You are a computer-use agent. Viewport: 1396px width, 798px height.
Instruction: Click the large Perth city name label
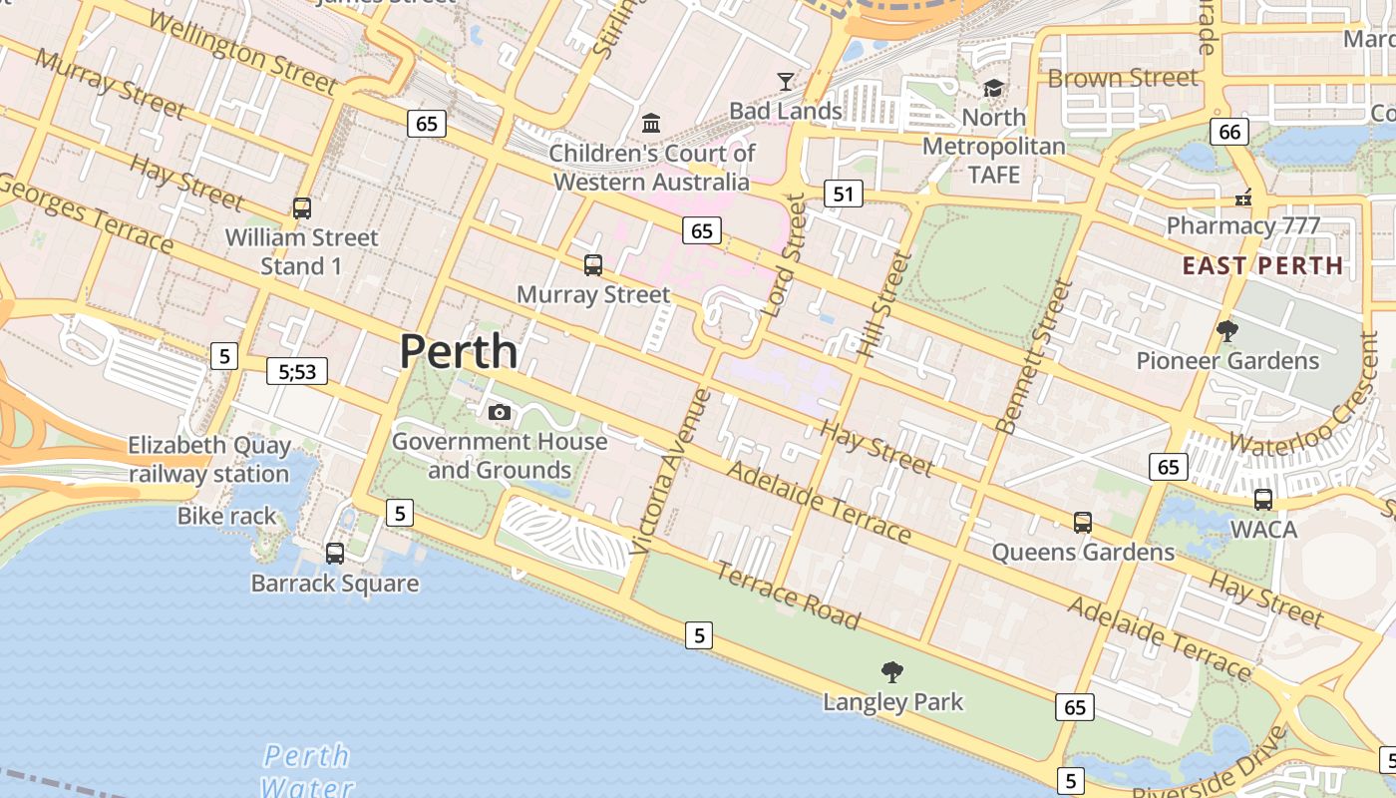[x=459, y=352]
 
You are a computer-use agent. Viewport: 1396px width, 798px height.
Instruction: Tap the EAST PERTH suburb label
[x=1262, y=265]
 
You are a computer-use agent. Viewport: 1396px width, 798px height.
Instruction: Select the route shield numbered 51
[x=844, y=194]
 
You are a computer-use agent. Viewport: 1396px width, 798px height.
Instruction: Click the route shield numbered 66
[x=1229, y=131]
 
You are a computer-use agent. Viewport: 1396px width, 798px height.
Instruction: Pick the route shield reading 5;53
[x=297, y=372]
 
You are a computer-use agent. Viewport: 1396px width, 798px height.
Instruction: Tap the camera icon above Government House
[x=500, y=412]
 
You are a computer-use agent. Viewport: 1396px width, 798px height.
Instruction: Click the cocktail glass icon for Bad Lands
[x=786, y=82]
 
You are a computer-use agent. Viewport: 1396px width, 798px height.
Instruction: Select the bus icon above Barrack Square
[x=335, y=553]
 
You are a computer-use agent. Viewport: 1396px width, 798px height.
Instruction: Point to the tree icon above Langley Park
[x=892, y=672]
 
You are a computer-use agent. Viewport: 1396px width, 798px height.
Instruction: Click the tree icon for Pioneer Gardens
[x=1227, y=330]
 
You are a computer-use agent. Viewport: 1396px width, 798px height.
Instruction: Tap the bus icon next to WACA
[x=1263, y=499]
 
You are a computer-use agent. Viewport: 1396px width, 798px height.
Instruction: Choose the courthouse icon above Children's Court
[x=651, y=123]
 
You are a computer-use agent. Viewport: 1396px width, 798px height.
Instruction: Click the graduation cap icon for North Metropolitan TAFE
[x=993, y=89]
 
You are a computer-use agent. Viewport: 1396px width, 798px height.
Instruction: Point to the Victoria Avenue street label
[x=671, y=471]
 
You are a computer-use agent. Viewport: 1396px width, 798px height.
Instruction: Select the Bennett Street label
[x=1034, y=356]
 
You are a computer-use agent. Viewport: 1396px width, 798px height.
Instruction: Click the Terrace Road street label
[x=788, y=597]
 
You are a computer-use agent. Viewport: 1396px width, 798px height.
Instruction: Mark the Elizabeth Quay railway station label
[x=209, y=459]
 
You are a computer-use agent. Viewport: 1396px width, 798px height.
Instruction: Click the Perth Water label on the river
[x=307, y=770]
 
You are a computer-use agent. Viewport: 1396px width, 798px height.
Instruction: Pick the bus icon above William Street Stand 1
[x=302, y=208]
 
